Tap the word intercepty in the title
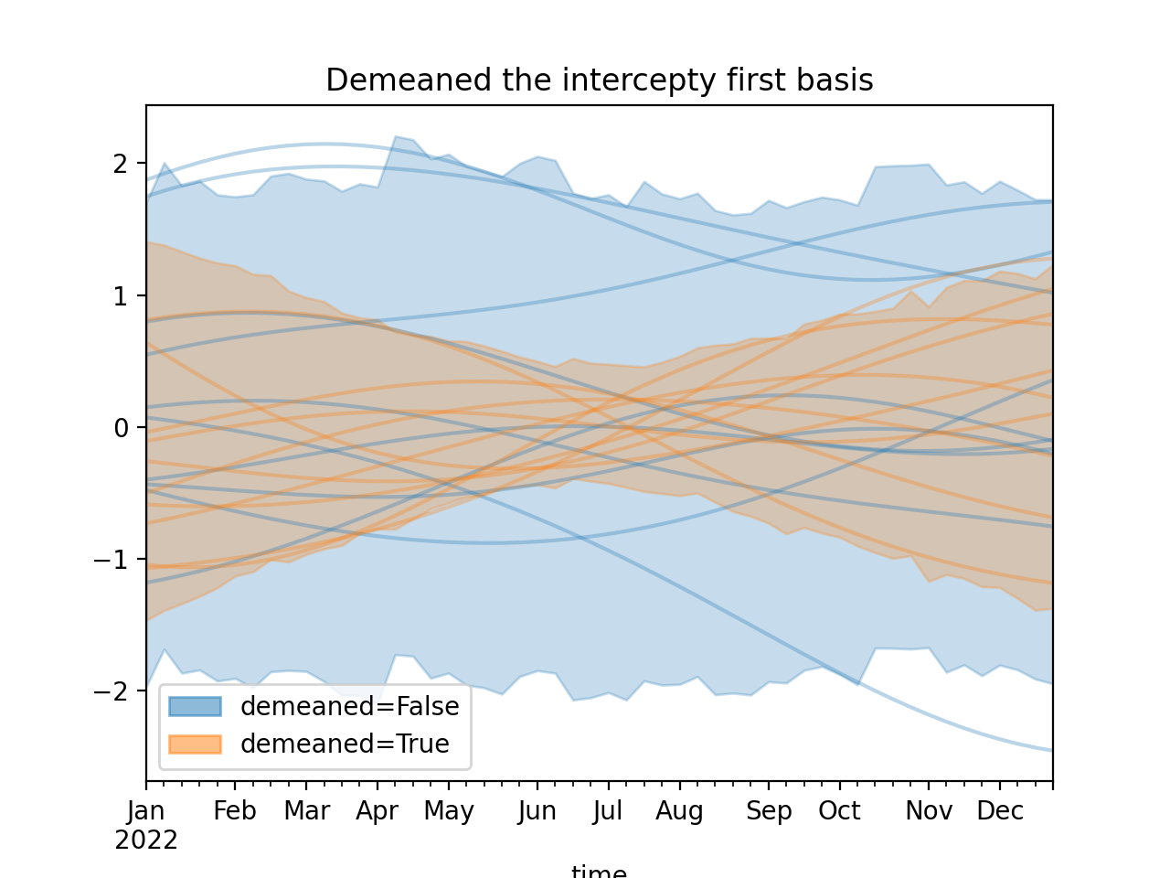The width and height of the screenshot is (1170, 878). [x=640, y=80]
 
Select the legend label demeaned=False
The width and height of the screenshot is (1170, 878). [x=349, y=706]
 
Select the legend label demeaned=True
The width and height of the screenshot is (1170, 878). [x=345, y=744]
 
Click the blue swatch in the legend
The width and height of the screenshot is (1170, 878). [x=195, y=706]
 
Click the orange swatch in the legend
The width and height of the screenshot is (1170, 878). [x=195, y=744]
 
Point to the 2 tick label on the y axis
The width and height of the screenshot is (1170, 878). [x=121, y=165]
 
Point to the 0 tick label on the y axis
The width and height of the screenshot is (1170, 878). [x=121, y=428]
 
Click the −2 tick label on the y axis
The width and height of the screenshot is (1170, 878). [x=112, y=691]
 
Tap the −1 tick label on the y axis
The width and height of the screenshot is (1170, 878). [x=112, y=560]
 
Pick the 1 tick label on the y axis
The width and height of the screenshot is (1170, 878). [x=121, y=296]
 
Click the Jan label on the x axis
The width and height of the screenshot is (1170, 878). [x=146, y=811]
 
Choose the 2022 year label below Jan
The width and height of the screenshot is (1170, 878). [x=146, y=840]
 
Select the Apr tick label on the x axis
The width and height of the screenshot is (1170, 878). [x=378, y=811]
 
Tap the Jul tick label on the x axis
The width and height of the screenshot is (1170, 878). [x=608, y=811]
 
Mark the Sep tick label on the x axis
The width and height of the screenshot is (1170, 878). [x=769, y=811]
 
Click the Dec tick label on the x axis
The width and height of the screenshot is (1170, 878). [x=1000, y=811]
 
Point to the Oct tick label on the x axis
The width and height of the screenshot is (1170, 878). [x=839, y=811]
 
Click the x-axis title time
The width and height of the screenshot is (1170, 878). [x=599, y=871]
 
